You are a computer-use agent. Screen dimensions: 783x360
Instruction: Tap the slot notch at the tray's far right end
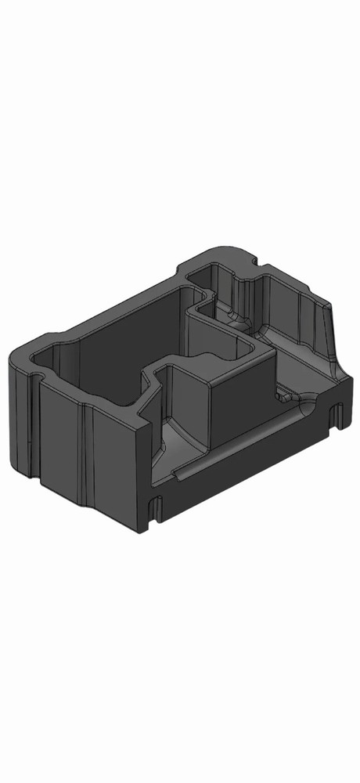point(336,415)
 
